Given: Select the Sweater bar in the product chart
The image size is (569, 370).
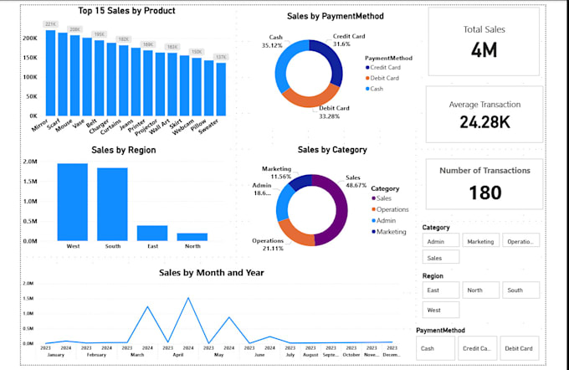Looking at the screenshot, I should click(x=221, y=89).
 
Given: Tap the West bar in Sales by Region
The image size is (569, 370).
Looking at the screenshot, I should click(x=72, y=202).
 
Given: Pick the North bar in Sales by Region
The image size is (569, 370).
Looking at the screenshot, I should click(x=192, y=237).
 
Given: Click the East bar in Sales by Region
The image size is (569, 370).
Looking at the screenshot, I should click(x=152, y=233).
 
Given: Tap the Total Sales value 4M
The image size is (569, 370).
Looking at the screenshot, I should click(x=484, y=50).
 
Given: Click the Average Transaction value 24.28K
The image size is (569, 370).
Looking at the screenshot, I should click(x=484, y=122).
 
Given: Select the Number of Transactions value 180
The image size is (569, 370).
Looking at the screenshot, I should click(x=484, y=193).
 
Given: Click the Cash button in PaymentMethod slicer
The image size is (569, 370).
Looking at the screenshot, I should click(x=435, y=347).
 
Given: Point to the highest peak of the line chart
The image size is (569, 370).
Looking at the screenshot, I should click(x=188, y=298).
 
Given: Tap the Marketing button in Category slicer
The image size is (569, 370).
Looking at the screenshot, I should click(x=480, y=240).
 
